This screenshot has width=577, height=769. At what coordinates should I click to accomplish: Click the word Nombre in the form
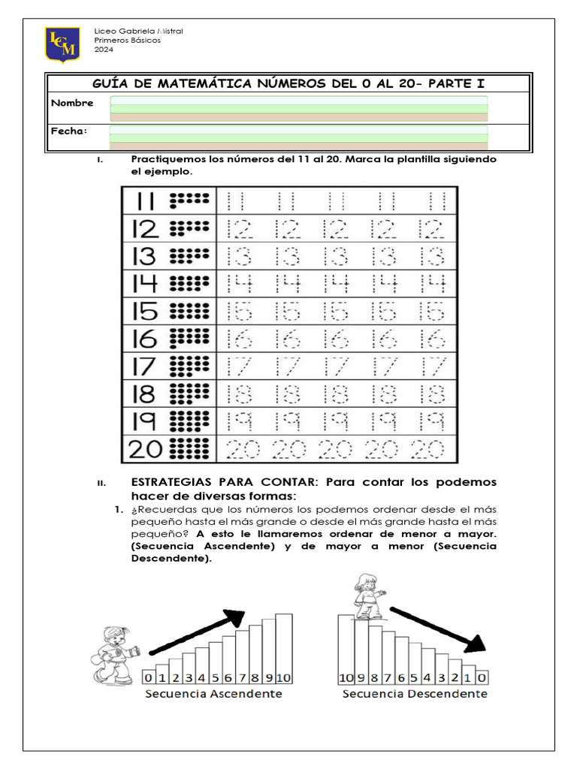point(72,103)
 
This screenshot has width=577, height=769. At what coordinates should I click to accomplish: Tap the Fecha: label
point(69,131)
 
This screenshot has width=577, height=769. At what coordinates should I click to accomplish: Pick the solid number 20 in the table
point(146,449)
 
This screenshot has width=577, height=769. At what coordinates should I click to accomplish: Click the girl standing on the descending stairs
point(368,596)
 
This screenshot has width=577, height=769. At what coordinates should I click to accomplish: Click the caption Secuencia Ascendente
point(214,694)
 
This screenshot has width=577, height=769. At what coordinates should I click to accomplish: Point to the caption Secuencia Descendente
point(415,694)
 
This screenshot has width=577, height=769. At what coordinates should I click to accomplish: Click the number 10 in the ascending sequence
point(283,677)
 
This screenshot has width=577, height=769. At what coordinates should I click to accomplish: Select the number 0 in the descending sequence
point(482,677)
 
